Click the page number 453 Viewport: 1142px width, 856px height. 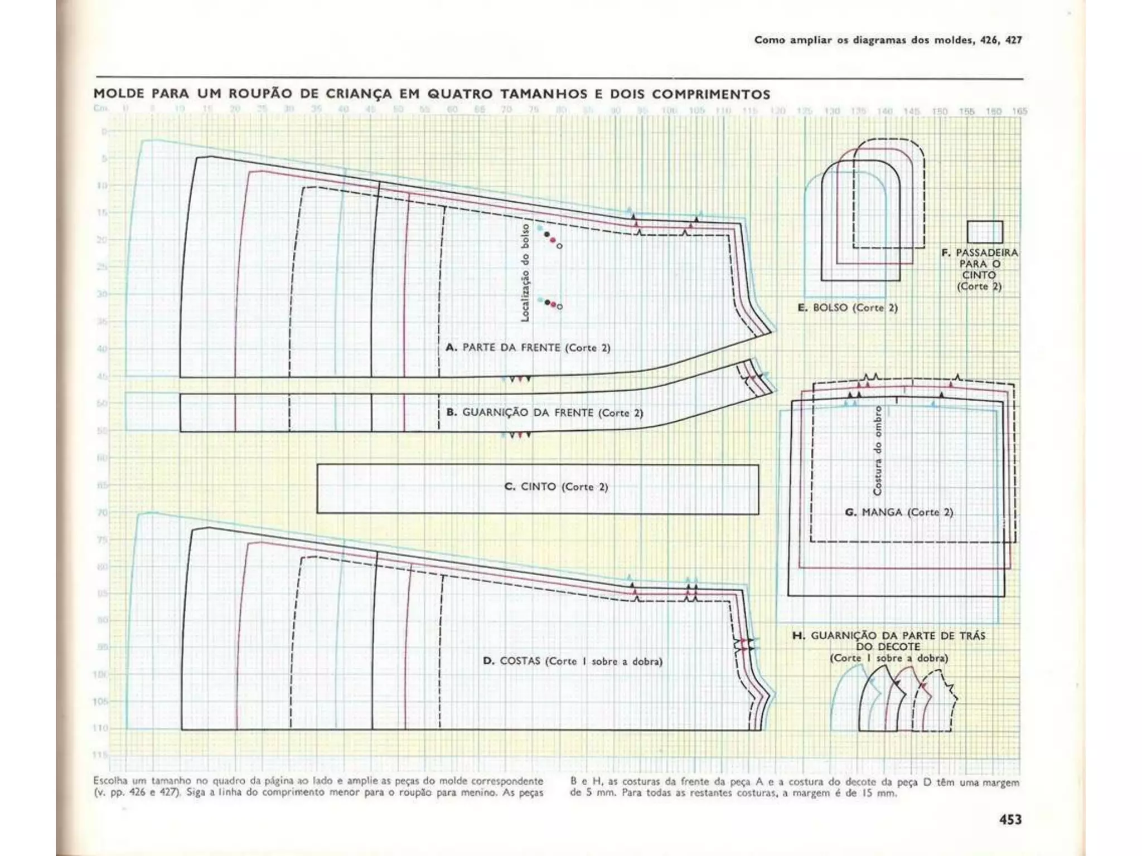[x=1010, y=819]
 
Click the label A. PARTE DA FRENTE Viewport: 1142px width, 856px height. [x=528, y=348]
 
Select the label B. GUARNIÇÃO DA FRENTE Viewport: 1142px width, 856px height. [x=545, y=413]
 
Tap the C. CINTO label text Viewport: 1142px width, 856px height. [x=556, y=487]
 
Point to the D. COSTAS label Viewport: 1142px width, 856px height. [x=573, y=662]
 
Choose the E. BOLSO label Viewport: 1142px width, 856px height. [x=848, y=308]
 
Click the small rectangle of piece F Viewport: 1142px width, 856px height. [x=985, y=232]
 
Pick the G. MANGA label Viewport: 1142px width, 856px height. [x=899, y=512]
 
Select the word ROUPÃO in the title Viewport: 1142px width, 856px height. [x=261, y=94]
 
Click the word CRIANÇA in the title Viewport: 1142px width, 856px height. [x=359, y=94]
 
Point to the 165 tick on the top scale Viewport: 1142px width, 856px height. [x=1019, y=111]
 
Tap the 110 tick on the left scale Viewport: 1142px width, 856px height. [x=100, y=728]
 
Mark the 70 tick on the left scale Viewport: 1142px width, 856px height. [x=103, y=512]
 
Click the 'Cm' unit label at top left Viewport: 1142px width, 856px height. [x=99, y=109]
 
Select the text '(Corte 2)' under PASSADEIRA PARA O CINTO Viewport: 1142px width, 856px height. [x=979, y=286]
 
